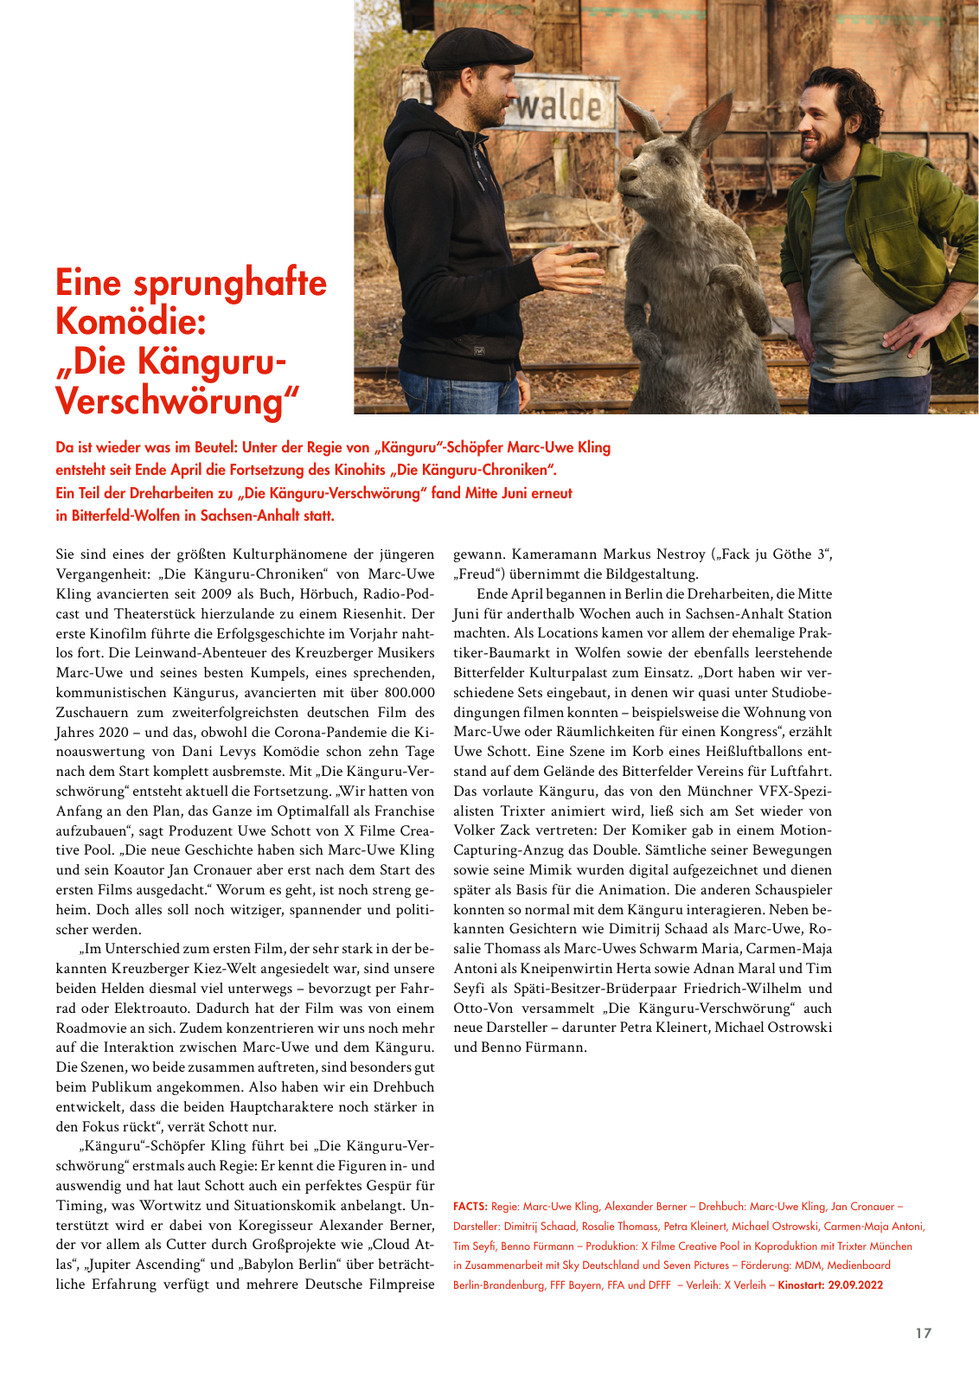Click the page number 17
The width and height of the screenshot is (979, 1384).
(924, 1333)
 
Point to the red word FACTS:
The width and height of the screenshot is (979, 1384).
(470, 1207)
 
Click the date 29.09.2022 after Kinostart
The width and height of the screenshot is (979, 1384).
(855, 1285)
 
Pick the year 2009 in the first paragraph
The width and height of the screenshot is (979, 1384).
(215, 593)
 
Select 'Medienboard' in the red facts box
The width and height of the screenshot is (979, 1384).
(859, 1265)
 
